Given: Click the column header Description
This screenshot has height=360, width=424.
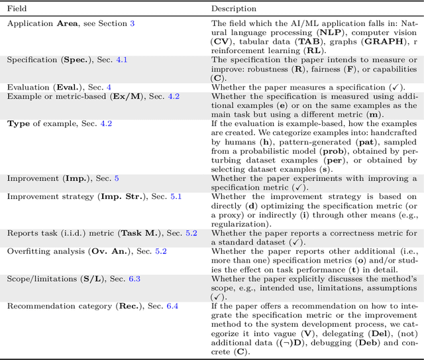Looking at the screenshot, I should [235, 8].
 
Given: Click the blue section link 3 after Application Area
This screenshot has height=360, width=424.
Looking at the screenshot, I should [132, 24].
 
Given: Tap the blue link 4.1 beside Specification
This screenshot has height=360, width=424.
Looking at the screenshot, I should [121, 60].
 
